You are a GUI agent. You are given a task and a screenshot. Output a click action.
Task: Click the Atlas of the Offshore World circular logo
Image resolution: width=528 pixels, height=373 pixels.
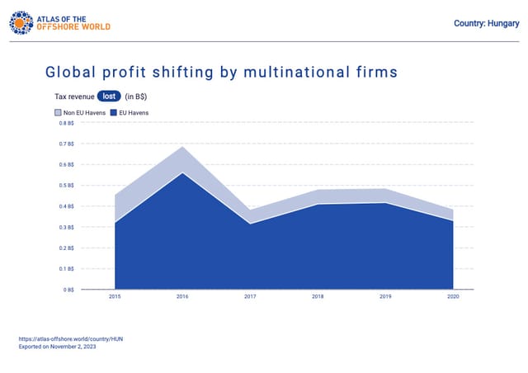[21, 23]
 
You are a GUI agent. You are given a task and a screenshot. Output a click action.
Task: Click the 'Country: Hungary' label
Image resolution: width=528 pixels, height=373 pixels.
[486, 23]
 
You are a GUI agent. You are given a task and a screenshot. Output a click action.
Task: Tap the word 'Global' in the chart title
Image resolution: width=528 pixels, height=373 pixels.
[70, 72]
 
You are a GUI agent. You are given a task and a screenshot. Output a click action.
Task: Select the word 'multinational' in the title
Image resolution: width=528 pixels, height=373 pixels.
[297, 72]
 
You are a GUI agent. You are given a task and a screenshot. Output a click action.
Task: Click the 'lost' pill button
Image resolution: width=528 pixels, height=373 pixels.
[109, 97]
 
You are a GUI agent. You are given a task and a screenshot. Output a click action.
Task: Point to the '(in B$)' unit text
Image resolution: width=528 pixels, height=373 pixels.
[135, 97]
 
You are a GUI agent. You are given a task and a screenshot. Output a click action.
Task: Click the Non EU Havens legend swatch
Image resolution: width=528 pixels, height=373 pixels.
[58, 112]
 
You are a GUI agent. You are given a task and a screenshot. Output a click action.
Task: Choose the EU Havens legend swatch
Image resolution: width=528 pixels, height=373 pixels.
[114, 112]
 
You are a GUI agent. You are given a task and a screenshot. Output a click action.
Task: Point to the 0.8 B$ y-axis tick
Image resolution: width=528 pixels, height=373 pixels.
[67, 123]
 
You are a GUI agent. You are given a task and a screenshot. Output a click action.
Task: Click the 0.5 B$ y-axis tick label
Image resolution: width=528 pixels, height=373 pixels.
[67, 186]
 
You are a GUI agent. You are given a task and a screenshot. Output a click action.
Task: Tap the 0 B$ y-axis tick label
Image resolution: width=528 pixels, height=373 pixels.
[68, 290]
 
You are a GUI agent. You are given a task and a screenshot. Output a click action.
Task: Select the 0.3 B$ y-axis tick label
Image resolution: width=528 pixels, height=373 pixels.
[67, 228]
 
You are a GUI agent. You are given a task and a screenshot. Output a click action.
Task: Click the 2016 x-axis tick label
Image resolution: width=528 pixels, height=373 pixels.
[182, 296]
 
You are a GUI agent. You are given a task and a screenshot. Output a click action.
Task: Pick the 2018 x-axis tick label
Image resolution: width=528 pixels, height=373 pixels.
[318, 296]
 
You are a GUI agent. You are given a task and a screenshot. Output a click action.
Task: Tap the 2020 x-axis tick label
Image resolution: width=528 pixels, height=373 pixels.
[453, 296]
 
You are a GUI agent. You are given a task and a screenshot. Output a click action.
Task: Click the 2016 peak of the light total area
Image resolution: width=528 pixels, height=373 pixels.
[182, 147]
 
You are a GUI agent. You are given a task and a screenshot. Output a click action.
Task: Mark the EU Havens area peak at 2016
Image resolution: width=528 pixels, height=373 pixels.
[182, 172]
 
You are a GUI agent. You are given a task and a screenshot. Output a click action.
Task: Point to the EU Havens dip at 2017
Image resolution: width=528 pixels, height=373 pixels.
[250, 224]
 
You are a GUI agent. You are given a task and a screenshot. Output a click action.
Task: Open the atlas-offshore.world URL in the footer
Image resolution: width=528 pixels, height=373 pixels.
[71, 339]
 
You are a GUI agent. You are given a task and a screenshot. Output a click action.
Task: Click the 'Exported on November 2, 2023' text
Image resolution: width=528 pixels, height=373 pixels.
[57, 347]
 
